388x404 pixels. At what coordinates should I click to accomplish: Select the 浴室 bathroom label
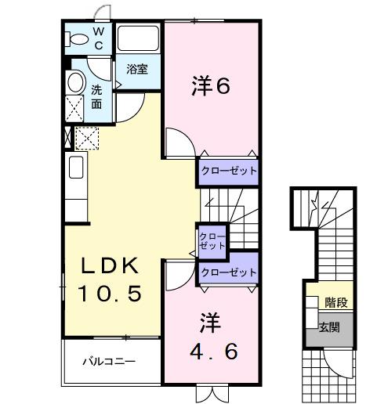pyautogui.click(x=137, y=69)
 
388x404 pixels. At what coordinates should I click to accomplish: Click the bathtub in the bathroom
pyautogui.click(x=139, y=40)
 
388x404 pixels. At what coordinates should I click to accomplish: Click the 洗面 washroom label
pyautogui.click(x=96, y=96)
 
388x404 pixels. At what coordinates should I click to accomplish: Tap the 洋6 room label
pyautogui.click(x=211, y=87)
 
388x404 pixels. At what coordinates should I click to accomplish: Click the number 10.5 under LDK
pyautogui.click(x=109, y=294)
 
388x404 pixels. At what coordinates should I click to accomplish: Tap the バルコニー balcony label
pyautogui.click(x=110, y=362)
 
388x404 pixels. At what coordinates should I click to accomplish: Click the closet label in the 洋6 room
pyautogui.click(x=228, y=171)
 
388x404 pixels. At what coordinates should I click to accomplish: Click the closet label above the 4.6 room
pyautogui.click(x=228, y=272)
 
